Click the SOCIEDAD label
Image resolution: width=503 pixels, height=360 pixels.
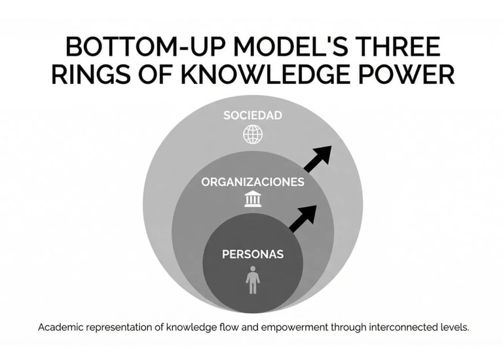pyautogui.click(x=252, y=115)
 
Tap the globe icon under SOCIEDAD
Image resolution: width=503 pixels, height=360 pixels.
pyautogui.click(x=252, y=134)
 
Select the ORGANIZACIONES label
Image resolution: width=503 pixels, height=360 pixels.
pyautogui.click(x=252, y=182)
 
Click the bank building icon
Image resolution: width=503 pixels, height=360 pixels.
pyautogui.click(x=252, y=198)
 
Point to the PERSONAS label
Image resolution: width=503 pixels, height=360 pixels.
pyautogui.click(x=252, y=253)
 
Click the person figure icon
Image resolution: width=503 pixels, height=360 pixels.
pyautogui.click(x=252, y=279)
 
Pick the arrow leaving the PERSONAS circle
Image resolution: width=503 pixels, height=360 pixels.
pyautogui.click(x=303, y=218)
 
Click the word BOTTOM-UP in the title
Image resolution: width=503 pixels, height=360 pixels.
pyautogui.click(x=142, y=49)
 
